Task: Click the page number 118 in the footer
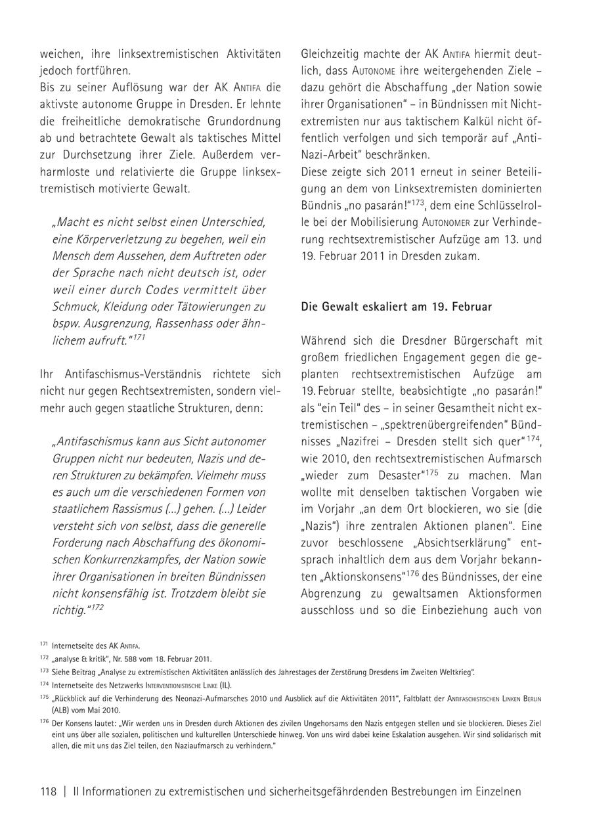point(49,791)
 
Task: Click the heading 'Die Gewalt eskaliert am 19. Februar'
point(396,307)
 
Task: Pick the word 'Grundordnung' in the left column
point(245,121)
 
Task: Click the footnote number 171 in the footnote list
point(44,645)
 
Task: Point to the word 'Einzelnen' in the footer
point(498,791)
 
